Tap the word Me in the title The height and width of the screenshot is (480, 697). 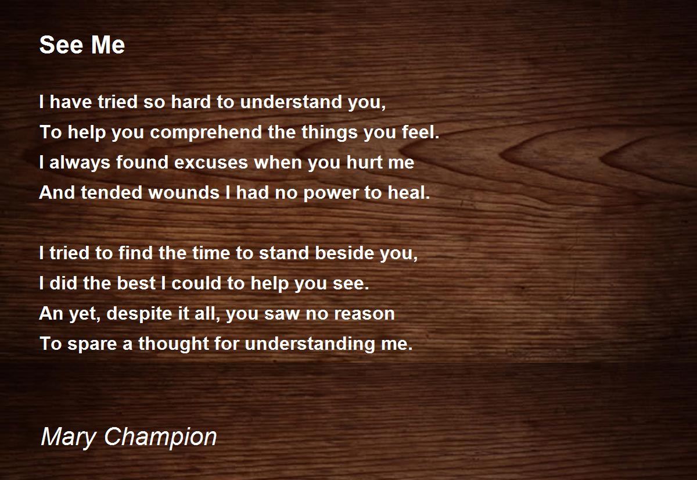click(107, 45)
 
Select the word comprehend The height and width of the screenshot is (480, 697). click(206, 132)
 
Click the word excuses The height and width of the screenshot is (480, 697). click(211, 163)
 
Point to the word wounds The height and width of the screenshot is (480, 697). click(184, 192)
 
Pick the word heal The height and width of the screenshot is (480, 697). click(409, 192)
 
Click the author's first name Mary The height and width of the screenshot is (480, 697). click(69, 437)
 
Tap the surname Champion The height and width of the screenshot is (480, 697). click(160, 437)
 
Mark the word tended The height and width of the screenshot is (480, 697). click(112, 192)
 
